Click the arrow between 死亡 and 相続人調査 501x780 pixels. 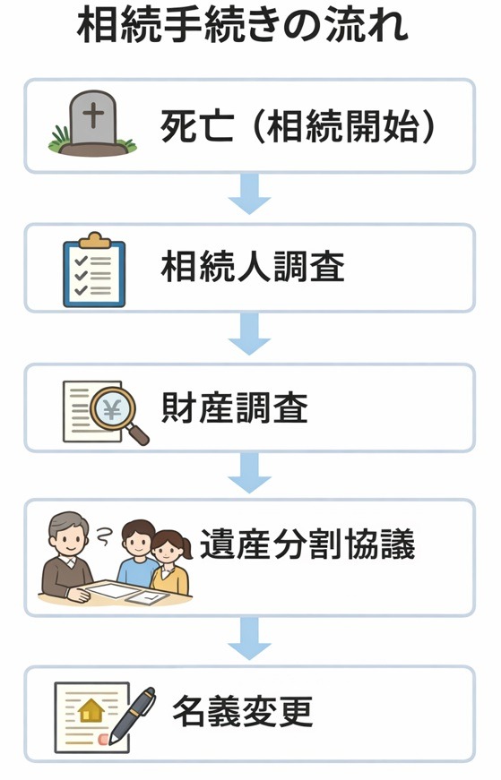tap(249, 194)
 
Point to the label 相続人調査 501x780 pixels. tap(253, 267)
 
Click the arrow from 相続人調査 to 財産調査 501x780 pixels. tap(249, 334)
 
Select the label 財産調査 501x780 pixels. tap(235, 408)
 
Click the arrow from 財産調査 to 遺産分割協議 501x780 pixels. tap(249, 472)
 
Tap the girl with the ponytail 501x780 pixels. tap(169, 560)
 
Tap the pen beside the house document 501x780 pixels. tap(132, 714)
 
